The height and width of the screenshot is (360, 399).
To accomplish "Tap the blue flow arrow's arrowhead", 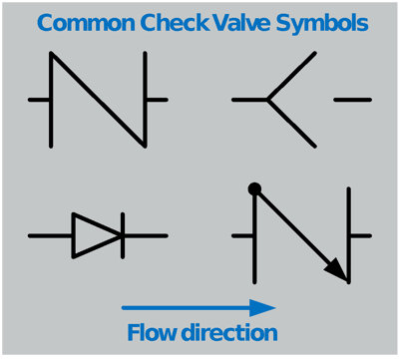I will point(263,307).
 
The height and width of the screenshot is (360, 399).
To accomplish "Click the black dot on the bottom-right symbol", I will point(255,187).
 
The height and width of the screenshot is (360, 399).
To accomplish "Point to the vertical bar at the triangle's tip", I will point(122,235).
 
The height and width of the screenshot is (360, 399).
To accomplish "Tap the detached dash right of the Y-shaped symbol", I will point(352,100).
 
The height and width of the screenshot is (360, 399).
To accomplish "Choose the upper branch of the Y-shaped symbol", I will point(292,76).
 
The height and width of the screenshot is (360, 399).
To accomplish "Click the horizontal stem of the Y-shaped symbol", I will point(249,100).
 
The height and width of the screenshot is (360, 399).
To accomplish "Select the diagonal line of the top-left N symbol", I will point(99,99).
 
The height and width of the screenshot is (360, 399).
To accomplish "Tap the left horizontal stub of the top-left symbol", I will point(39,100).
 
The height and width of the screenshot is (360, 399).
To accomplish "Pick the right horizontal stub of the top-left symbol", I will point(158,100).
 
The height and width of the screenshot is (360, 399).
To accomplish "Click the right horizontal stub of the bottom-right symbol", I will point(360,236).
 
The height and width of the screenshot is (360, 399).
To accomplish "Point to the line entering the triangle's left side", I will point(50,235).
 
